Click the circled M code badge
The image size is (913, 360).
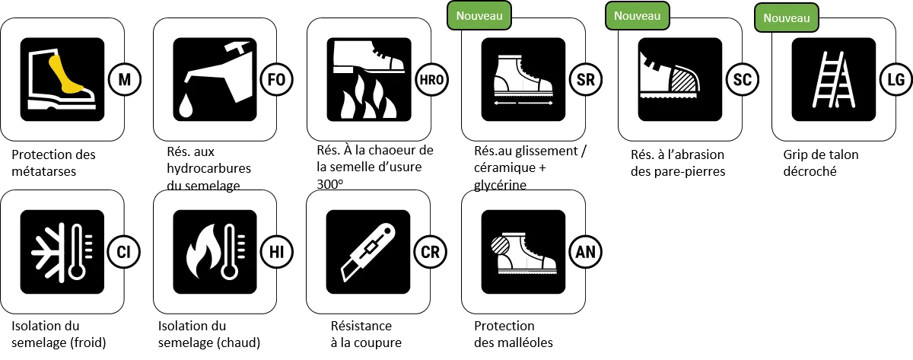(125, 79)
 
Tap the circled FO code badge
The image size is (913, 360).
(277, 79)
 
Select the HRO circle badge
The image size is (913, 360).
(431, 79)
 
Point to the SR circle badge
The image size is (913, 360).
(586, 79)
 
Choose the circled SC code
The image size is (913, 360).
(743, 79)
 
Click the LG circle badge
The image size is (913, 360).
(896, 79)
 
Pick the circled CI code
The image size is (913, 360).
(124, 252)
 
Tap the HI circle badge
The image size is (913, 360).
(277, 252)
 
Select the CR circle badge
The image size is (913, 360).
(431, 252)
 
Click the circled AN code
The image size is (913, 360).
(585, 252)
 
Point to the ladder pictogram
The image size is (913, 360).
(834, 79)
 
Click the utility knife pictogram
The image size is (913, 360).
(368, 253)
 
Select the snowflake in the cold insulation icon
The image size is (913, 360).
(48, 253)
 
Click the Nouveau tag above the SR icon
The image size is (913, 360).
(479, 16)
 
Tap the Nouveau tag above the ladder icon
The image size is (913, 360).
(787, 18)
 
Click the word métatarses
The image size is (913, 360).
(44, 172)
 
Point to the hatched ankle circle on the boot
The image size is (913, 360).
(500, 246)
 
